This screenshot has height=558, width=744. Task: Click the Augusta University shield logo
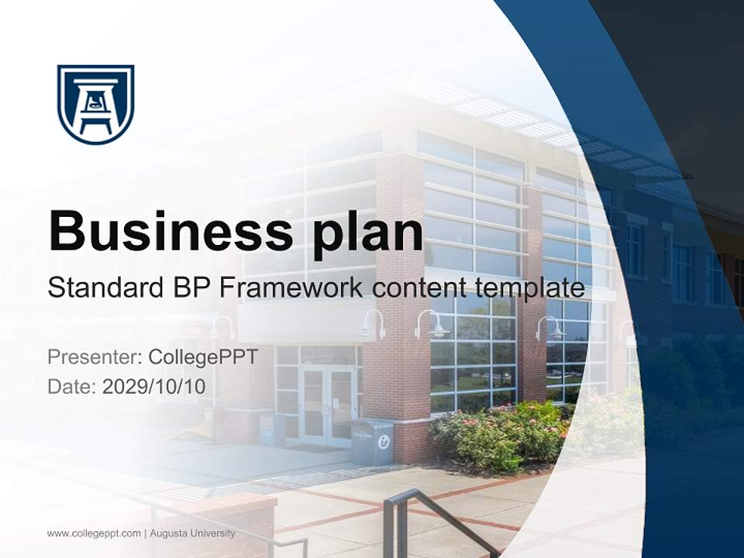pos(95,104)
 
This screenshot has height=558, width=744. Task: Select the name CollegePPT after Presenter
pos(203,357)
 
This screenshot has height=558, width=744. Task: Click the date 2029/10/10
pos(154,387)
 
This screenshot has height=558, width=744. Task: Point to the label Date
pos(71,387)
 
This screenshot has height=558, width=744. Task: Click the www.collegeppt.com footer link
pos(94,533)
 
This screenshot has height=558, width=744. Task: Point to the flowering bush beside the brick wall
pos(496,434)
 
